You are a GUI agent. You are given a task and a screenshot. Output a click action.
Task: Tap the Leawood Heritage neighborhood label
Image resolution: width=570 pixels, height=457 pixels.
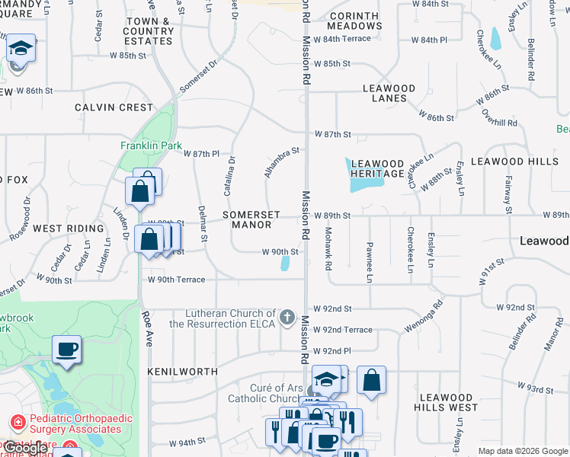tap(377, 168)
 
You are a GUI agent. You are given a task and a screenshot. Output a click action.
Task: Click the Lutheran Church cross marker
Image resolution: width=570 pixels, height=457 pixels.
tap(287, 317)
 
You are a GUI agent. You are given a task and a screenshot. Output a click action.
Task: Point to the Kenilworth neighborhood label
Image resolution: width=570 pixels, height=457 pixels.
tap(183, 372)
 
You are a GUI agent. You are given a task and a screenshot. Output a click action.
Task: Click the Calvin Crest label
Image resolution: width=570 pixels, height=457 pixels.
tap(114, 107)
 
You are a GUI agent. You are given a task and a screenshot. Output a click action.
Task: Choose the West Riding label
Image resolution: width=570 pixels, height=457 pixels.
tap(68, 228)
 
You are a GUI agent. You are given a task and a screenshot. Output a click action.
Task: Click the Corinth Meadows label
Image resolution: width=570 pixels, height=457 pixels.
tap(355, 21)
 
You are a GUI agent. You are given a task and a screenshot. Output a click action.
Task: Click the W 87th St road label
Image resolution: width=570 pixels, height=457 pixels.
tap(331, 134)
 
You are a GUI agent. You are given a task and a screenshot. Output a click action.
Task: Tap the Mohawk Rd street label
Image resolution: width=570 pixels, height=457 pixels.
tap(328, 249)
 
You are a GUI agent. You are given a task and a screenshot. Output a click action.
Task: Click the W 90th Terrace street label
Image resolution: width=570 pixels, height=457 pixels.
tap(177, 280)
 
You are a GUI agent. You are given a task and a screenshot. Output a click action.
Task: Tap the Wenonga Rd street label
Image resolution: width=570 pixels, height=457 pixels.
tap(431, 315)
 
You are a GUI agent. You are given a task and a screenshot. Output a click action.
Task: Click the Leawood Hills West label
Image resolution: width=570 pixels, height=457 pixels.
tap(447, 402)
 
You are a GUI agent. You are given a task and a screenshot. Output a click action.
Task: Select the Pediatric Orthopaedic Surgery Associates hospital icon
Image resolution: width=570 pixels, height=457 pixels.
tap(18, 422)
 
